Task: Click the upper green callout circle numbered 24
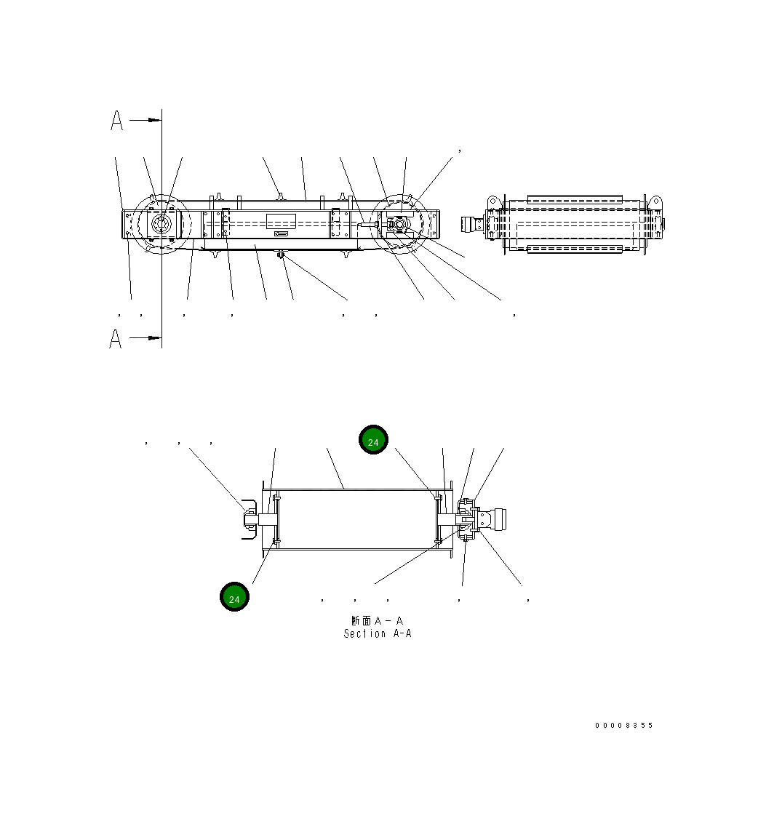coord(373,440)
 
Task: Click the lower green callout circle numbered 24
coord(234,597)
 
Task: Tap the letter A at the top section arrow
coord(117,121)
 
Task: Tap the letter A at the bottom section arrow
coord(116,339)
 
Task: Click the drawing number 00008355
coord(623,726)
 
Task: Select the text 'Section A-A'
coord(378,634)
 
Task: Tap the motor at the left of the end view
coord(474,224)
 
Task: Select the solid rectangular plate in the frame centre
coord(280,222)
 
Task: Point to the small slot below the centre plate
coord(281,234)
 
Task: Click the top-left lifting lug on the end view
coord(493,201)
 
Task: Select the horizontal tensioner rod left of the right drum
coord(368,225)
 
